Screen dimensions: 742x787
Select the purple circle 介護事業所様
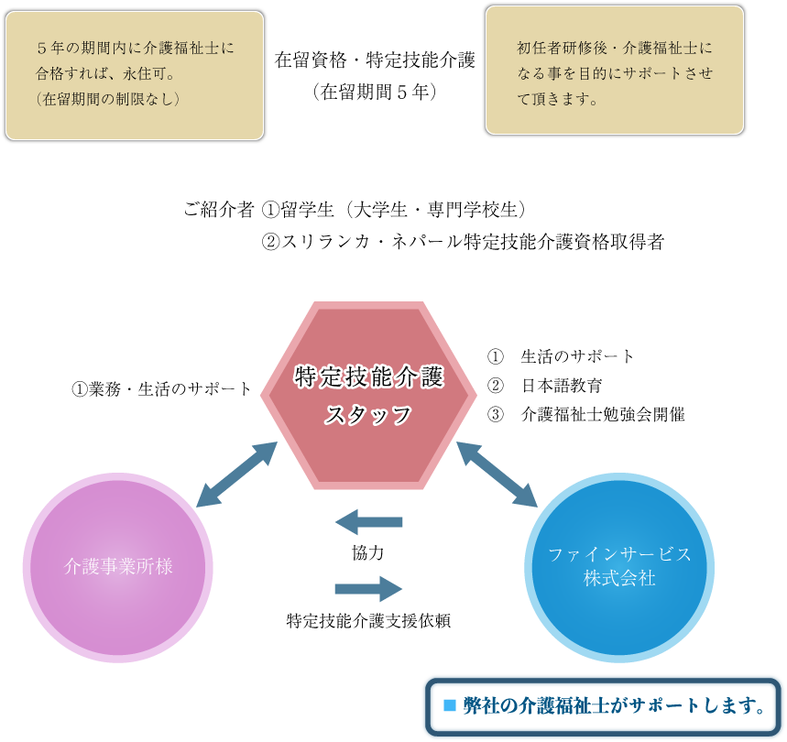pyautogui.click(x=117, y=568)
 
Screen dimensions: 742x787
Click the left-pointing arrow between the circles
pyautogui.click(x=368, y=522)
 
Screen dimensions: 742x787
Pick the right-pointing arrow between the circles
pyautogui.click(x=368, y=588)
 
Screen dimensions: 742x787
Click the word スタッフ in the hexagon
pyautogui.click(x=368, y=415)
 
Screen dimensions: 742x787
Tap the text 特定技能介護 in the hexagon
pyautogui.click(x=368, y=377)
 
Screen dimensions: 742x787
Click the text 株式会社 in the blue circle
pyautogui.click(x=619, y=579)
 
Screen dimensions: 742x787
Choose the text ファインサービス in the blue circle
pyautogui.click(x=619, y=554)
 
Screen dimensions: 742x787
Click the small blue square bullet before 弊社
pyautogui.click(x=449, y=705)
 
